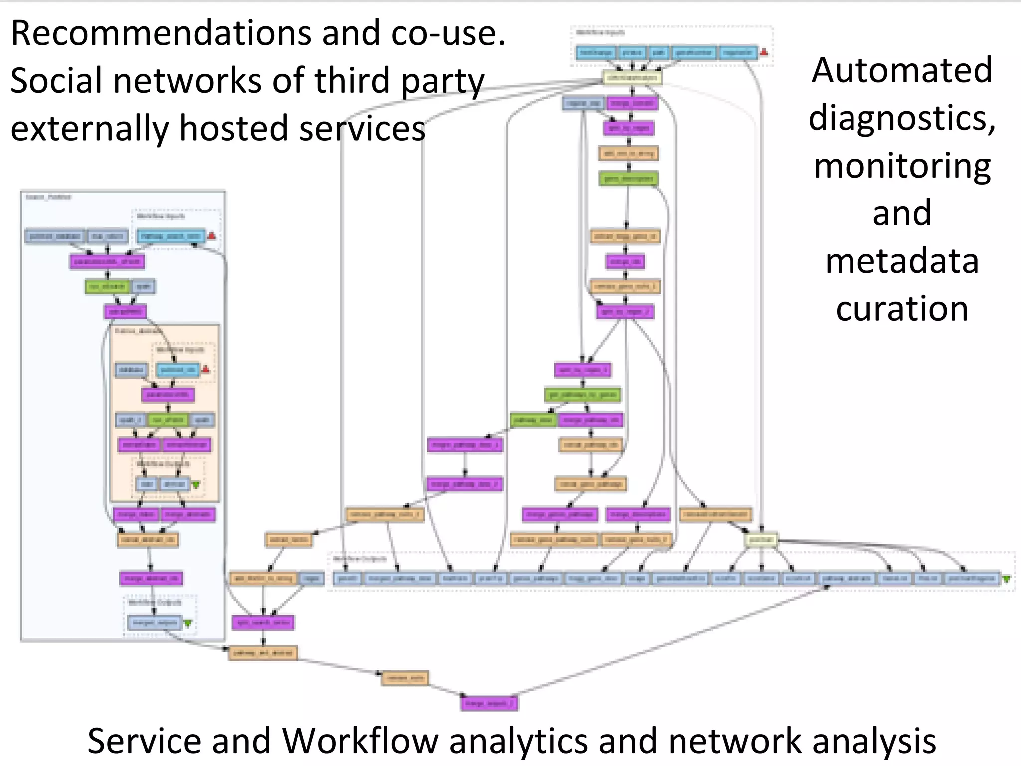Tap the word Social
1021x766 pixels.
[x=56, y=81]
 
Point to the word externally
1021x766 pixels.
[x=90, y=128]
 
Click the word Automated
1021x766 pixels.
[x=901, y=70]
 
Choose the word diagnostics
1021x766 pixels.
[x=901, y=118]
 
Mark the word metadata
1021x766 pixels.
[x=901, y=261]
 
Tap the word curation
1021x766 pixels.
[x=901, y=309]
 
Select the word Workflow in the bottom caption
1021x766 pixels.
[x=361, y=741]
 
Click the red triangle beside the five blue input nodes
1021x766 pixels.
[x=764, y=52]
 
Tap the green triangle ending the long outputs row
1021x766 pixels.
[x=1006, y=579]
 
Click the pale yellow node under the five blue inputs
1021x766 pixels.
[x=632, y=78]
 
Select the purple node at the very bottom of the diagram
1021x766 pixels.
[x=489, y=703]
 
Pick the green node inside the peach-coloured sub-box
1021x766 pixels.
[x=168, y=420]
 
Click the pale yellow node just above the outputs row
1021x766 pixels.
[x=761, y=540]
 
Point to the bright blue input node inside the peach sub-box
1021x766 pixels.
[x=177, y=370]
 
